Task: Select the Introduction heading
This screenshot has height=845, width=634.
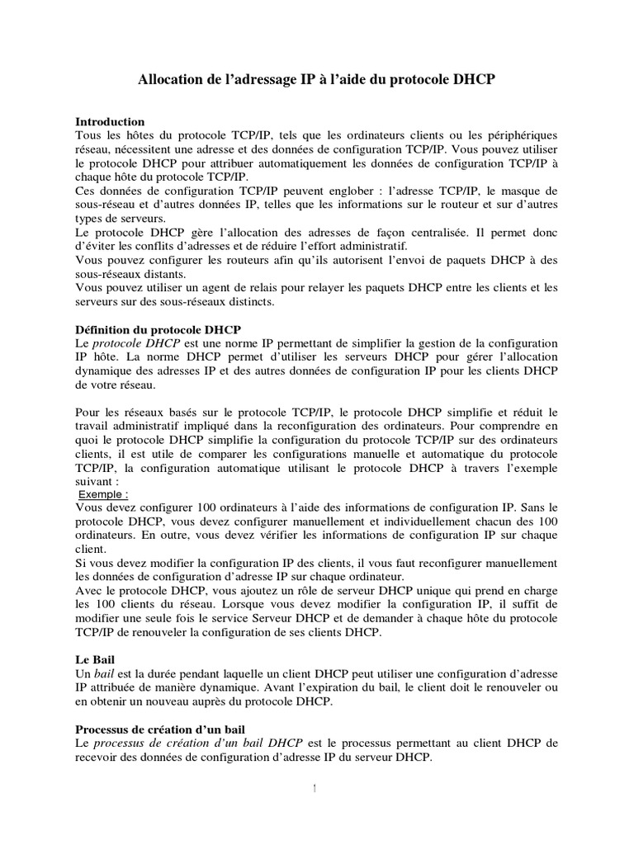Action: point(110,121)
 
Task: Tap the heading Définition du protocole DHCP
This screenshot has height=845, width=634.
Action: point(158,328)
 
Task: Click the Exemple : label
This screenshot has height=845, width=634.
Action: point(103,494)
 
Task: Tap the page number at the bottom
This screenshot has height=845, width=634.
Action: point(317,790)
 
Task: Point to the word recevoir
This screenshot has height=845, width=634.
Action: point(99,757)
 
